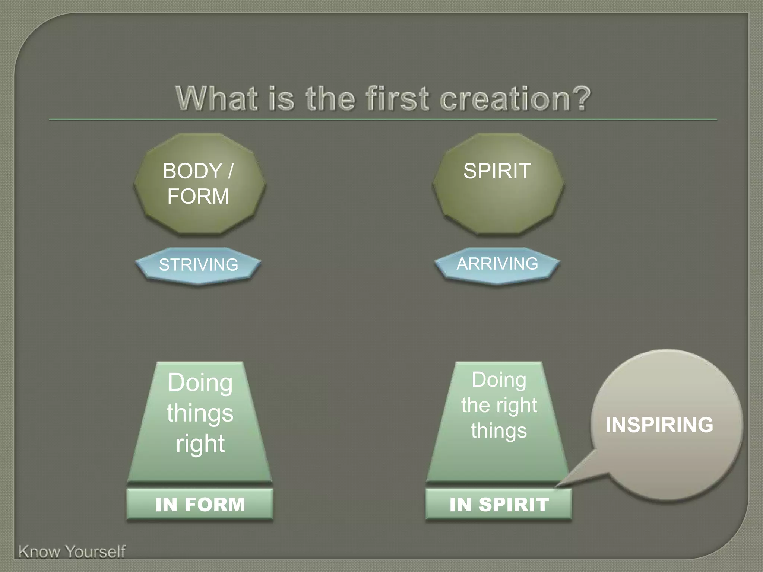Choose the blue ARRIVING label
(497, 264)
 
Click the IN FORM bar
(200, 505)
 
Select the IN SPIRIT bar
(499, 505)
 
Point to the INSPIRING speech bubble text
(659, 425)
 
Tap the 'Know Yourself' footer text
(72, 552)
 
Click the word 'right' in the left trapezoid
(200, 444)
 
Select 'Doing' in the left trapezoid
(200, 382)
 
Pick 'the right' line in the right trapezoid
(499, 405)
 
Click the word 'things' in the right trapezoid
(499, 430)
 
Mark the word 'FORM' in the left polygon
(198, 197)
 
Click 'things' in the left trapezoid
(200, 413)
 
